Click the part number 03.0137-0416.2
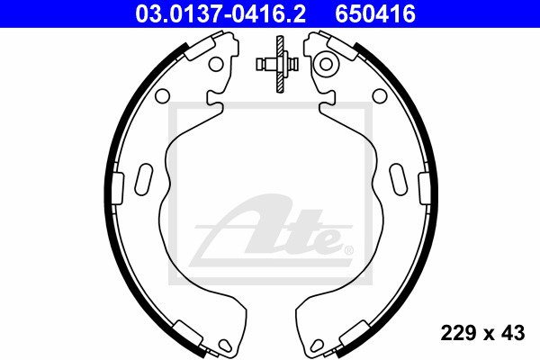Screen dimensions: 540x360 220,13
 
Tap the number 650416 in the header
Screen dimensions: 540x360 375,13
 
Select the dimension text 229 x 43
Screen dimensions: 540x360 482,333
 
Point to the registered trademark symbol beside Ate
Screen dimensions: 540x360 349,250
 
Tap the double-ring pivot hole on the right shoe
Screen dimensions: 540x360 326,64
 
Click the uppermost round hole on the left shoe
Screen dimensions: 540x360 216,64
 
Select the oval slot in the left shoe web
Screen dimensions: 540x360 144,179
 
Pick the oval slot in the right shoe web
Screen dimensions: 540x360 399,179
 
